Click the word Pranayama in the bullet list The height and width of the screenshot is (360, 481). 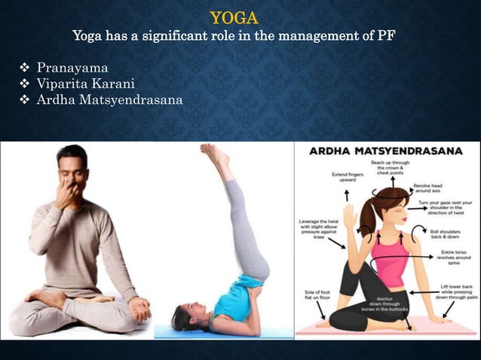pyautogui.click(x=72, y=69)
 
